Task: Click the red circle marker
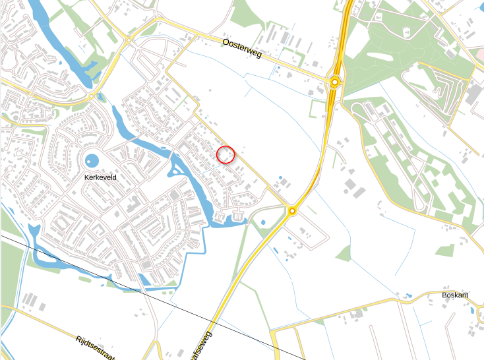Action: click(226, 154)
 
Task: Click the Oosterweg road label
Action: click(242, 49)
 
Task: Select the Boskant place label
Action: click(455, 295)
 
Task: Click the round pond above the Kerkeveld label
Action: click(92, 160)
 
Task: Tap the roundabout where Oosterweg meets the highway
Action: click(335, 82)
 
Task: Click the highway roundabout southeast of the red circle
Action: click(291, 211)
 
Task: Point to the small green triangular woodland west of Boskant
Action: click(344, 253)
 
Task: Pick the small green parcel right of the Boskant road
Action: click(446, 250)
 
